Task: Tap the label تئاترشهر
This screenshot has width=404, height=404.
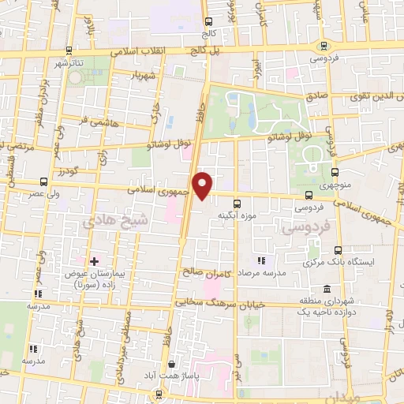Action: [x=71, y=62]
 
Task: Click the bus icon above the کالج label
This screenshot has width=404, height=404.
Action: [x=208, y=22]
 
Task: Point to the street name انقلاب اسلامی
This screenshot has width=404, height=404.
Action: [x=142, y=50]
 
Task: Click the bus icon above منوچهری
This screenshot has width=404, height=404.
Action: [x=335, y=173]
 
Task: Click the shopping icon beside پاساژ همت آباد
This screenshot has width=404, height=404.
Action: [x=173, y=365]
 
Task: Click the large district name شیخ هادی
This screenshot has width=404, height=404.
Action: [x=125, y=223]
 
